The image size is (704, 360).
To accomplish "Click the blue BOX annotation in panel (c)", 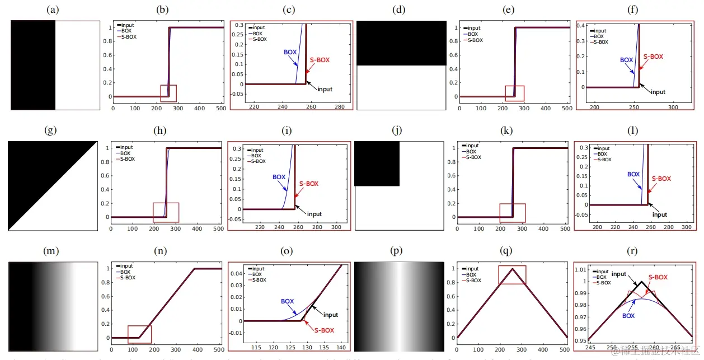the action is (290, 52).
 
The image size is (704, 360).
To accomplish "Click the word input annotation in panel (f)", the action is (654, 92).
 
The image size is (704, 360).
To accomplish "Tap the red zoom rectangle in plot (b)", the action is (168, 93).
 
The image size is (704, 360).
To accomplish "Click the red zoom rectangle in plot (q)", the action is (512, 275).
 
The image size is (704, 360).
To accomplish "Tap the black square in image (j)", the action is (377, 163).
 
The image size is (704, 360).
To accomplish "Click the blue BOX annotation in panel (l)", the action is (633, 174).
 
